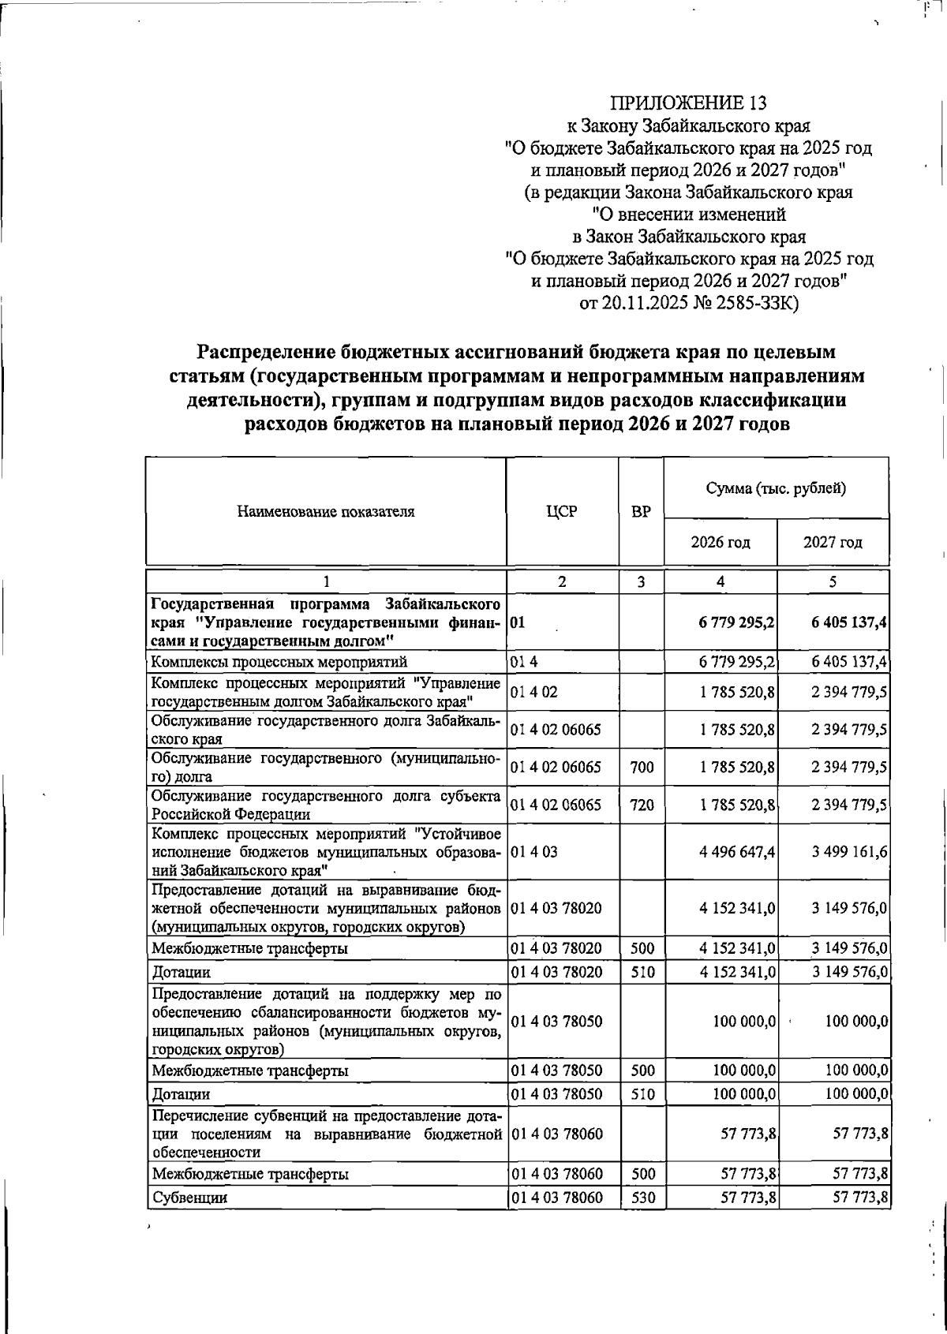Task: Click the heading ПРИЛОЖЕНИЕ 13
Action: click(688, 103)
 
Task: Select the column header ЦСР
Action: click(561, 511)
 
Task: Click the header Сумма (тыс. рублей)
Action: click(776, 488)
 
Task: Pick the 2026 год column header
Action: click(720, 543)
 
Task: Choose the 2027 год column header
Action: click(833, 543)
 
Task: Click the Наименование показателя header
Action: click(325, 511)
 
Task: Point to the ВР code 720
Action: click(642, 805)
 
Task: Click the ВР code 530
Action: click(642, 1198)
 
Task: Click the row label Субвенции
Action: click(189, 1198)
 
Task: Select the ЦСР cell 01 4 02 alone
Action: click(533, 692)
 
